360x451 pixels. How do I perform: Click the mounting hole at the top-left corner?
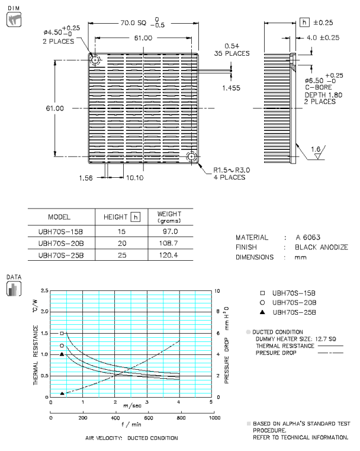point(95,60)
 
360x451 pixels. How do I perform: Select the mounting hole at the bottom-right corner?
point(192,157)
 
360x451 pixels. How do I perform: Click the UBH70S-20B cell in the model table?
point(61,243)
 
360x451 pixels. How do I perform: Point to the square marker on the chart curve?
point(62,334)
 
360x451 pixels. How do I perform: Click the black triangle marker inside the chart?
point(62,354)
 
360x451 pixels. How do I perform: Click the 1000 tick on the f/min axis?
point(213,418)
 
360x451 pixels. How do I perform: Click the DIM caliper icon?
point(11,19)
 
